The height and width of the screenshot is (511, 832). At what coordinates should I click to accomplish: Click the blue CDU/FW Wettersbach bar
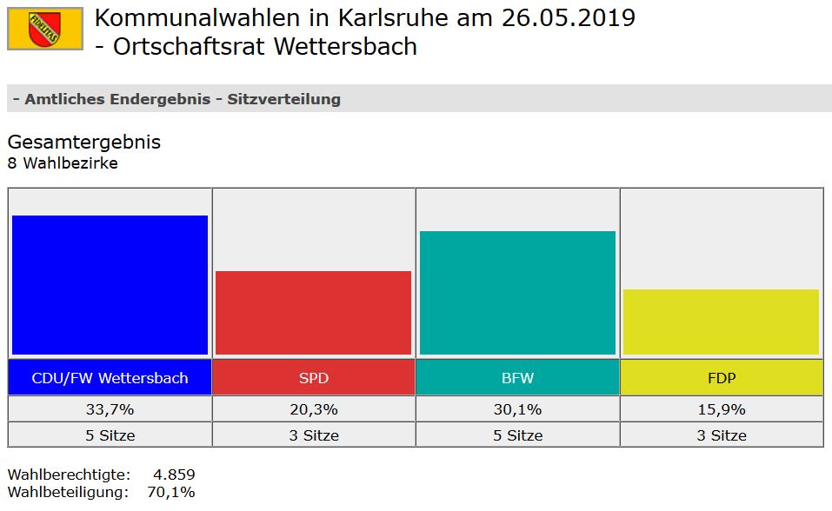coord(110,284)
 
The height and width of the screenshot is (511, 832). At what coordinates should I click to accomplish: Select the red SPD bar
coord(313,312)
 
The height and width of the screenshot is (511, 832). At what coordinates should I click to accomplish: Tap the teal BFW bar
coord(517,292)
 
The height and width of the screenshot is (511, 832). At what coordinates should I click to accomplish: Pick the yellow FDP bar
coord(721,322)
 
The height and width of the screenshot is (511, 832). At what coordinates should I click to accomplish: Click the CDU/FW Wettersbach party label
coord(110,378)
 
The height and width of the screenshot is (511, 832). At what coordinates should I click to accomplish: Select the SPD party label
coord(313,378)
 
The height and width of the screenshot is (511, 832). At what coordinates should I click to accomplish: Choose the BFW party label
coord(517,378)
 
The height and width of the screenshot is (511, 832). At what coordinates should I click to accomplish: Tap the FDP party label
coord(721,378)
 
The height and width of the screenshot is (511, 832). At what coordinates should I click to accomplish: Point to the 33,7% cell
coord(110,408)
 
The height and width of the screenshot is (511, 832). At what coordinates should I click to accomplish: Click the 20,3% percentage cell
coord(313,408)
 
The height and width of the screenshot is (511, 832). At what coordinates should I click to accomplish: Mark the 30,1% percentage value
coord(517,408)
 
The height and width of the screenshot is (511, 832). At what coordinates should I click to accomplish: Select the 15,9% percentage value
coord(721,408)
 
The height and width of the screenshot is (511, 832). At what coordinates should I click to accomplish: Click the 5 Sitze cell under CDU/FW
coord(110,435)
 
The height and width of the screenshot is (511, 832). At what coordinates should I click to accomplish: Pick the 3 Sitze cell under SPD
coord(313,435)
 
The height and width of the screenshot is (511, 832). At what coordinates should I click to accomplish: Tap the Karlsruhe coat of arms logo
coord(44,29)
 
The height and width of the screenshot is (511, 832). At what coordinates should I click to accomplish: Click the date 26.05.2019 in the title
coord(569,17)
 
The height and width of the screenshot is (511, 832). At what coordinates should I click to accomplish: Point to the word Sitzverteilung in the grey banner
coord(283,99)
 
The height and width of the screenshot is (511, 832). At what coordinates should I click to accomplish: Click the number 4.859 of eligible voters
coord(174,474)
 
